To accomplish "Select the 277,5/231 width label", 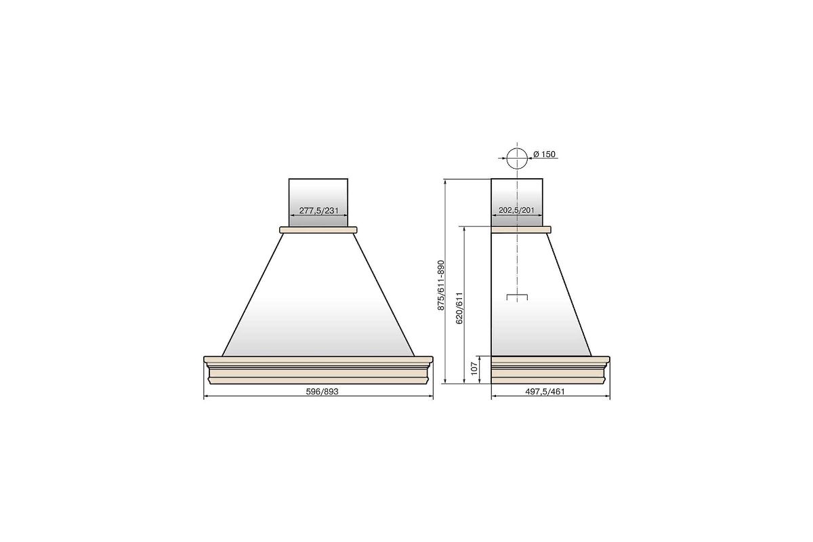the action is pos(318,211).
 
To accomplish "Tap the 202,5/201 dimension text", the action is pos(516,210).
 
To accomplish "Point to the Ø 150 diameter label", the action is pos(545,154).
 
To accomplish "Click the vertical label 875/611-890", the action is pos(441,285).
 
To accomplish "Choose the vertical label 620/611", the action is pos(459,308).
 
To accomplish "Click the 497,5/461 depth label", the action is pos(545,392).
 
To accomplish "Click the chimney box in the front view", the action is pos(318,203).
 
